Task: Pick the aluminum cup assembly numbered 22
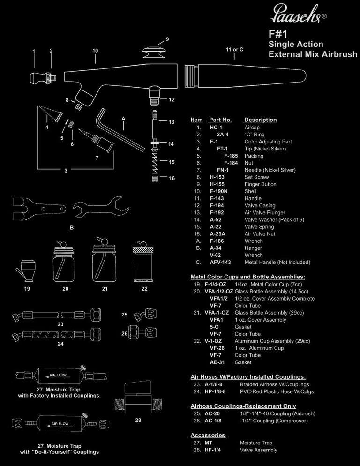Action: click(x=144, y=264)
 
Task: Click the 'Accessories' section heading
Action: click(x=208, y=435)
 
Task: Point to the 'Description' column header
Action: click(x=261, y=120)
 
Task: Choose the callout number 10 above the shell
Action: click(x=95, y=50)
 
